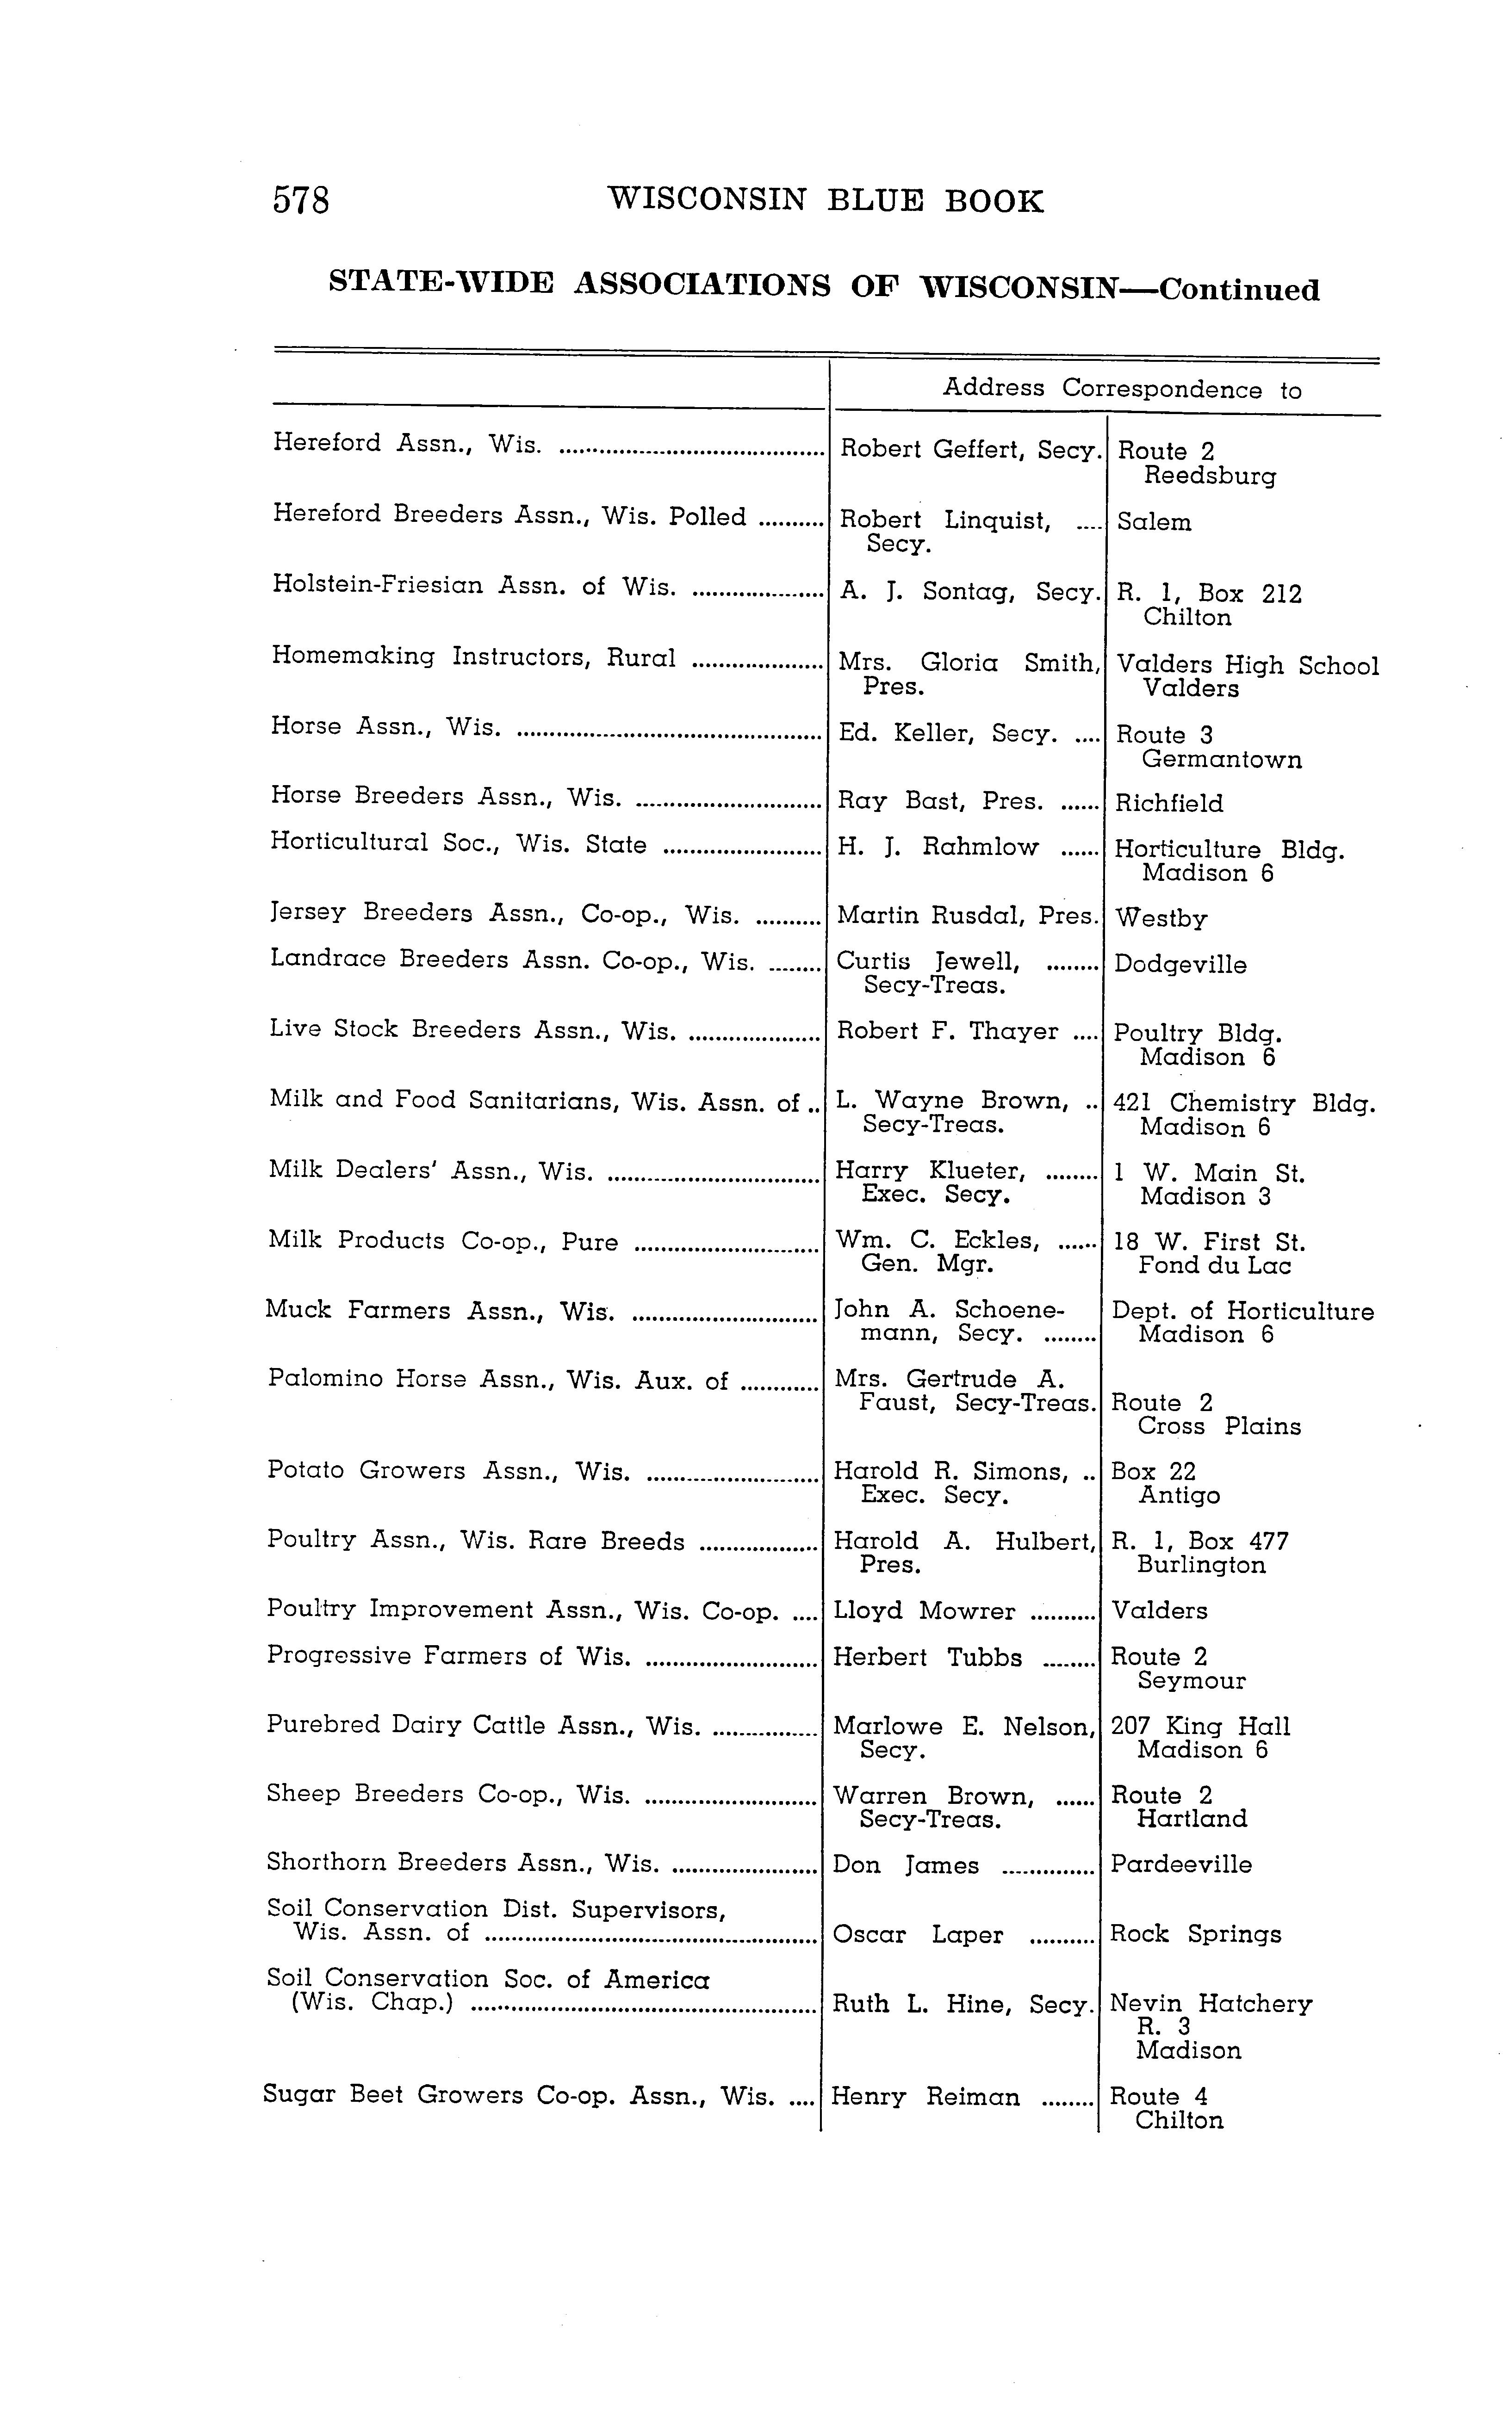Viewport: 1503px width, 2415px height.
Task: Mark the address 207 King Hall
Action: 1200,1726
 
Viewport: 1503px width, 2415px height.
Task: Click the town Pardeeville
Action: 1181,1864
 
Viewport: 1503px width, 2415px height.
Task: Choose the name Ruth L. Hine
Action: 925,2005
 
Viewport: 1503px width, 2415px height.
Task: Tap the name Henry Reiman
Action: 925,2097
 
